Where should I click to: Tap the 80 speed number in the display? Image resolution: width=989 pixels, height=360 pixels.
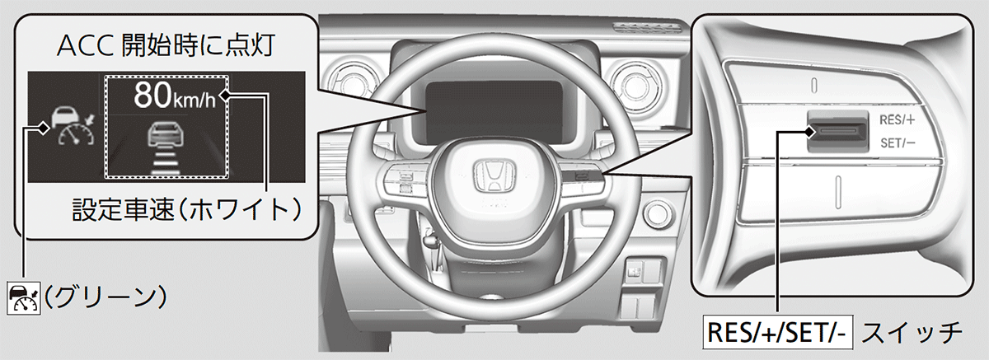click(154, 96)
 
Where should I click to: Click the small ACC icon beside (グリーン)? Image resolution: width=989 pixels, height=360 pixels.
click(24, 295)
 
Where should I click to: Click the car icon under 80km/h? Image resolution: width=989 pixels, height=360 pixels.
click(166, 133)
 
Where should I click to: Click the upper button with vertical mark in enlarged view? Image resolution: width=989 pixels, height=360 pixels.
click(814, 83)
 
